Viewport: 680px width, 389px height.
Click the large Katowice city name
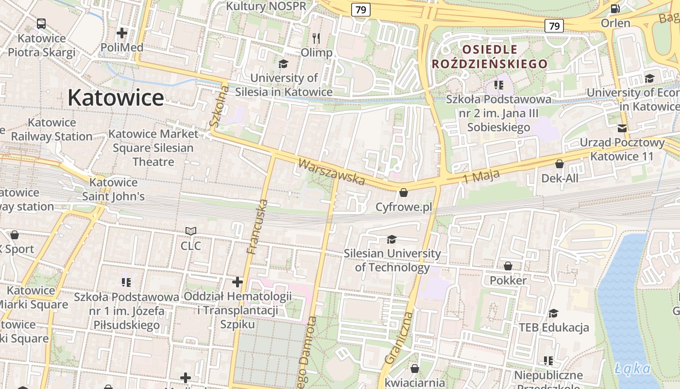click(116, 98)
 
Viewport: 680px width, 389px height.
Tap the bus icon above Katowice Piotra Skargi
click(41, 23)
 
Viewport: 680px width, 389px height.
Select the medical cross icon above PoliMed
click(122, 33)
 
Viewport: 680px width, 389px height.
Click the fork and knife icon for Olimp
click(316, 38)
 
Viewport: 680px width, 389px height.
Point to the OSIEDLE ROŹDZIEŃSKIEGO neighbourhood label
click(490, 56)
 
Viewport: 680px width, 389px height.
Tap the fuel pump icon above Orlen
click(615, 8)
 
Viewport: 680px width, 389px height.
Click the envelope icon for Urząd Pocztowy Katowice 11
click(622, 128)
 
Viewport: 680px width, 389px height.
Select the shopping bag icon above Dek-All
click(560, 164)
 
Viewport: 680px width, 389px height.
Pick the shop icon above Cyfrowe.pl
click(403, 193)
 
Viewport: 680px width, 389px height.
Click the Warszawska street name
click(331, 172)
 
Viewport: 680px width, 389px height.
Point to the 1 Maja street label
click(481, 176)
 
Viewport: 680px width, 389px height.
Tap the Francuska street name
click(257, 227)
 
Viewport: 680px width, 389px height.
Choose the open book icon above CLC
click(191, 231)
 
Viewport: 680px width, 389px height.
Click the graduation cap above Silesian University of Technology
click(391, 239)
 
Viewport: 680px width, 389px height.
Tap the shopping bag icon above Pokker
click(508, 266)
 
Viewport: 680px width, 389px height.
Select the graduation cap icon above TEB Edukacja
click(554, 313)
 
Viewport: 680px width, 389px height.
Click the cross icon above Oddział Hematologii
click(237, 282)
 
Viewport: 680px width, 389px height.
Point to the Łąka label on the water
click(632, 368)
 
